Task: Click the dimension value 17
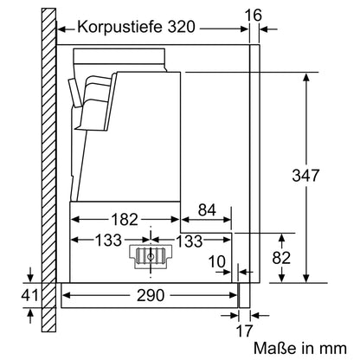(x=245, y=330)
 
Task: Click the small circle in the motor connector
(x=151, y=256)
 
